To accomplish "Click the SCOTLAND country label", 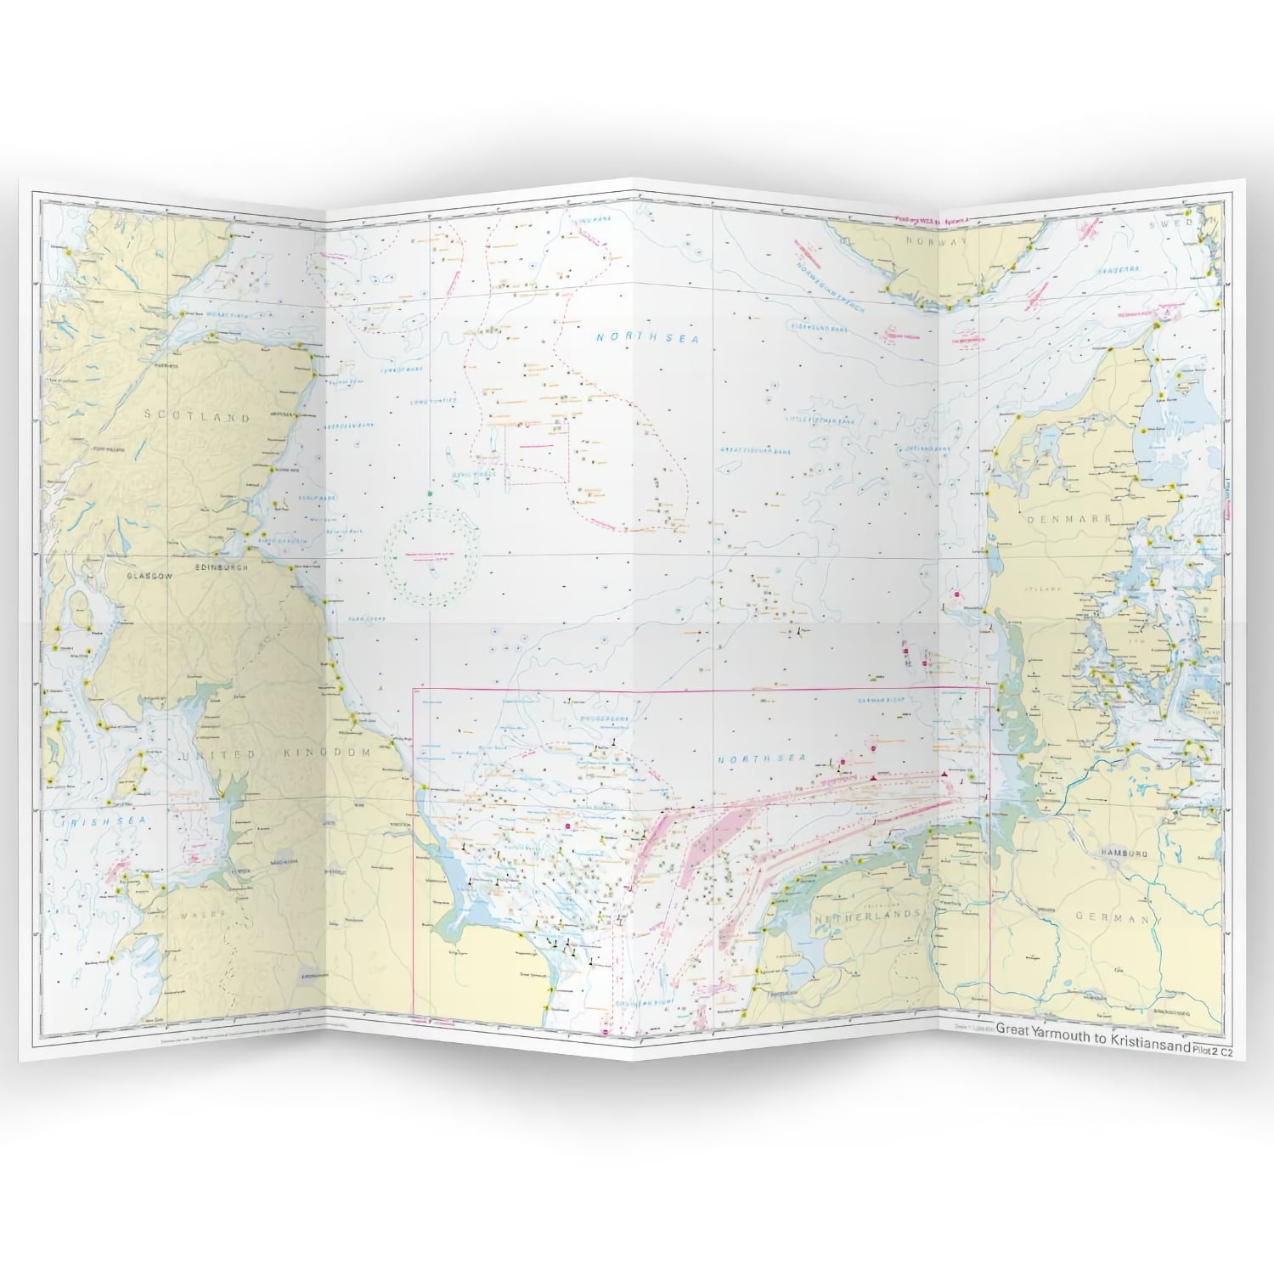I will coord(197,417).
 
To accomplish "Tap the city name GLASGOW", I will coord(149,575).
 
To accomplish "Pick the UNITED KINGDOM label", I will coord(273,754).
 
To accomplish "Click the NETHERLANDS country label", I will coord(867,917).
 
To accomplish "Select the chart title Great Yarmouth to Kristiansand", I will coord(1093,1027).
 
